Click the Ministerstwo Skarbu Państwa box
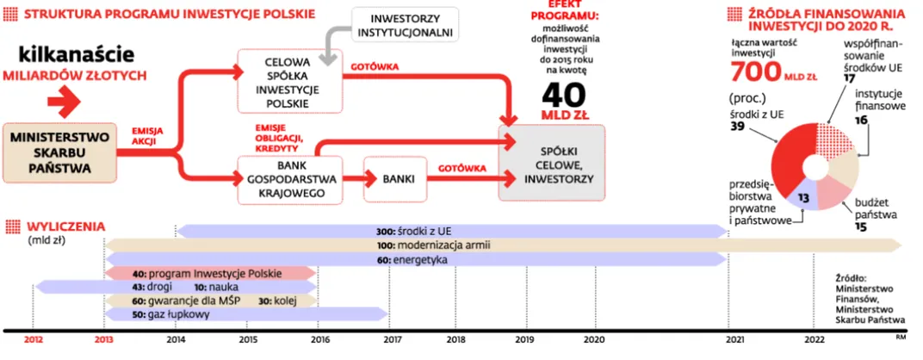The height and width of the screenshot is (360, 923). (60, 153)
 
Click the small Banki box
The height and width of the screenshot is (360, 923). (395, 179)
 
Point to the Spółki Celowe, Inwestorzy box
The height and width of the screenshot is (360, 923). (552, 164)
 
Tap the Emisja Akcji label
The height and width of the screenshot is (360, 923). (147, 135)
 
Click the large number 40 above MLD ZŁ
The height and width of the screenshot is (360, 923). (563, 94)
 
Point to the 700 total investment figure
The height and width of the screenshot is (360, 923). (756, 71)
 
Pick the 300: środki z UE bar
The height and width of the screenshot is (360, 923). (451, 231)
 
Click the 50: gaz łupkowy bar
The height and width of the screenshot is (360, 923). (246, 314)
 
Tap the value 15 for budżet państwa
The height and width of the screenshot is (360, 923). (861, 227)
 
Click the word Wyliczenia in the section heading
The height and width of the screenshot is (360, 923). (65, 227)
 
